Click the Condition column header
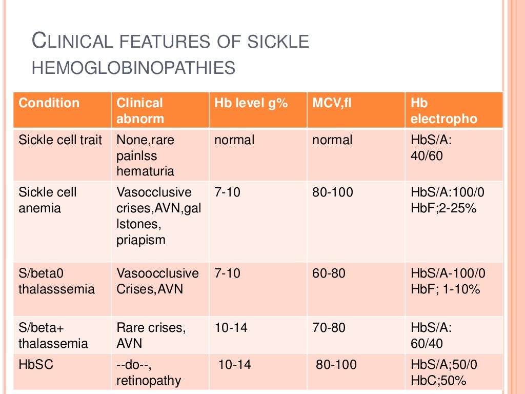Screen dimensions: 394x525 (x=49, y=103)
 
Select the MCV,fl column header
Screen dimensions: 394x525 (x=332, y=103)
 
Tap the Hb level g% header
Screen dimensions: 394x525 (x=251, y=103)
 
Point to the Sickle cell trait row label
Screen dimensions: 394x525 (x=60, y=140)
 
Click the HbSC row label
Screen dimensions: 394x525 (x=36, y=365)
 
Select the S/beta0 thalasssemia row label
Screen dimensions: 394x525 (x=56, y=281)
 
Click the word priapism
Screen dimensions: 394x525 (x=141, y=240)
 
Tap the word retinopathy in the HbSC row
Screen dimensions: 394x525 (x=149, y=381)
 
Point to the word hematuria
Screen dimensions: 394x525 (x=146, y=171)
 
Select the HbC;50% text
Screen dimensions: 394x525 (x=438, y=381)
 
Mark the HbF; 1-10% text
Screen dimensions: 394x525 (x=446, y=289)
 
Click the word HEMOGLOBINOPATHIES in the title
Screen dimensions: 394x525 (x=133, y=67)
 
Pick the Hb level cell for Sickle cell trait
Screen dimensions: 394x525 (x=234, y=140)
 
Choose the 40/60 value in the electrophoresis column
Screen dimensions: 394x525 (x=427, y=155)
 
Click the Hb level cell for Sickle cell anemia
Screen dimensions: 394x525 (x=227, y=192)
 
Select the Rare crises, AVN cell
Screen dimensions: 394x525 (x=151, y=335)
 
